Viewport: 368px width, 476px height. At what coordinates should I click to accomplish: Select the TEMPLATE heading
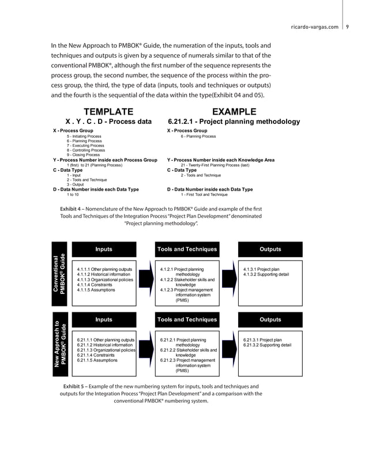[108, 111]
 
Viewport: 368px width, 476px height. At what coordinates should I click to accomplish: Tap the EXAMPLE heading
[234, 111]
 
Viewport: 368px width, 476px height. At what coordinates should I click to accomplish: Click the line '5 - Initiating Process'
[84, 137]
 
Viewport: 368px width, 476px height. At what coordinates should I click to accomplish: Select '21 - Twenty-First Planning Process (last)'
[215, 165]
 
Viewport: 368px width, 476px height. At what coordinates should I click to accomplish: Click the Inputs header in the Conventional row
[104, 249]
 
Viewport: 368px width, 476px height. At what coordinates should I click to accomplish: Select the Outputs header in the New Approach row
[270, 319]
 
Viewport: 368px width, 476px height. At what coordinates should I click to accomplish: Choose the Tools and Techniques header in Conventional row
[187, 249]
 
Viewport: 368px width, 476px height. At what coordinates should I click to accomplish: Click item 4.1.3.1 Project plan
[261, 269]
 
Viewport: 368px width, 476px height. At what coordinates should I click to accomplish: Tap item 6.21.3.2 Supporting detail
[266, 345]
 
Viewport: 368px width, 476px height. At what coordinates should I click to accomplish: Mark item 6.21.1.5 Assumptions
[96, 360]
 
